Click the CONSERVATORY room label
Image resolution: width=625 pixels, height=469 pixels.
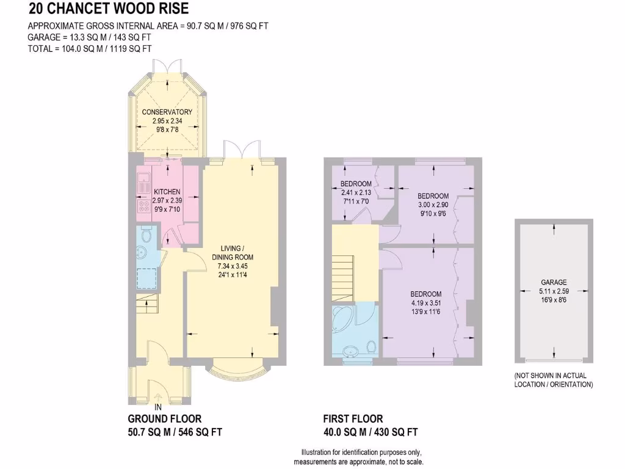(x=167, y=112)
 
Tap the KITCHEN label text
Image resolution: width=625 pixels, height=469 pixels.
(x=167, y=192)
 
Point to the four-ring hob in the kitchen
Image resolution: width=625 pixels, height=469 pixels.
(x=144, y=206)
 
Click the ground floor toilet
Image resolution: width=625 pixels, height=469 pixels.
(x=146, y=236)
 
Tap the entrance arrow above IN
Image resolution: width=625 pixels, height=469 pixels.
(x=158, y=396)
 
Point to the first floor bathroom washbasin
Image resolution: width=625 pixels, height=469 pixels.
(x=350, y=352)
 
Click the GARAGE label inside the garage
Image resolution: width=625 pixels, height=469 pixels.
(x=554, y=282)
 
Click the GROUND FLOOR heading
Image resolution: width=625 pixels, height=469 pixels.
(x=164, y=419)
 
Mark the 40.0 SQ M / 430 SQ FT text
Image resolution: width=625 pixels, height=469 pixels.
(x=370, y=432)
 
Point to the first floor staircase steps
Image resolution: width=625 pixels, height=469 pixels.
(x=343, y=278)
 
